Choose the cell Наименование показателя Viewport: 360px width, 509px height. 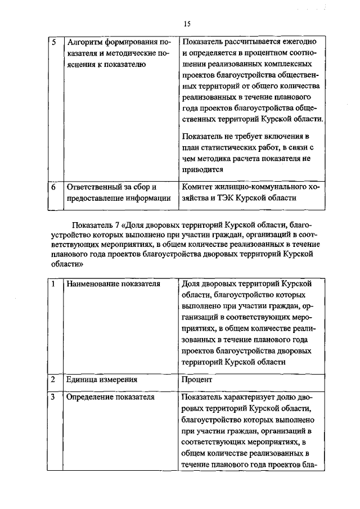click(113, 284)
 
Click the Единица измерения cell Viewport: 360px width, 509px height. click(102, 380)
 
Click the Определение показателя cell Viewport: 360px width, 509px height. click(110, 398)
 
